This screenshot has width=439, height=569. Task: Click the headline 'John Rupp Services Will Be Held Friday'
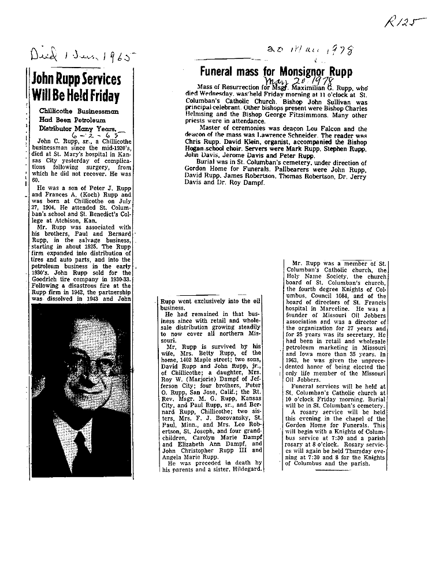(x=76, y=87)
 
